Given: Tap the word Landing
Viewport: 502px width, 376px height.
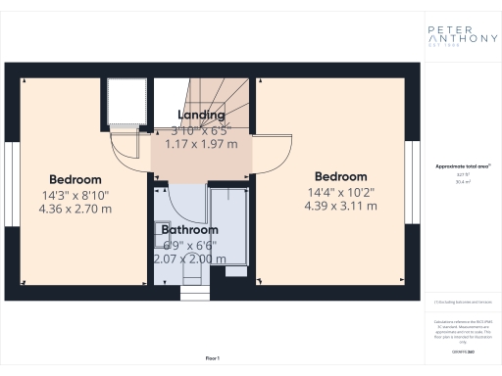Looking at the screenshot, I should [x=200, y=116].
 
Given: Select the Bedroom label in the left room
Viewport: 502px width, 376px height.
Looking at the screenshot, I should [x=75, y=180].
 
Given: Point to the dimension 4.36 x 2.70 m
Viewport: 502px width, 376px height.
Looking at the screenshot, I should [x=75, y=210].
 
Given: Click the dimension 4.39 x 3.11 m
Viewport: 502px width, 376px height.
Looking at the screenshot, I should [x=340, y=206].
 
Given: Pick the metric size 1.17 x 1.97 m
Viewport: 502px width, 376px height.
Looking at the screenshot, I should [x=200, y=144].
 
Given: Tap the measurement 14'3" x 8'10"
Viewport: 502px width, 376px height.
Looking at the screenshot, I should [x=75, y=195].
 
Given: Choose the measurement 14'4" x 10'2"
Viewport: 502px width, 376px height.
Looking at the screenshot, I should [x=340, y=191].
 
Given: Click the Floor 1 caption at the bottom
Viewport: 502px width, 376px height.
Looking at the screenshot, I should [x=212, y=359].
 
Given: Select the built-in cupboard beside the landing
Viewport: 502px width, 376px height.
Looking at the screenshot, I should [x=125, y=103].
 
